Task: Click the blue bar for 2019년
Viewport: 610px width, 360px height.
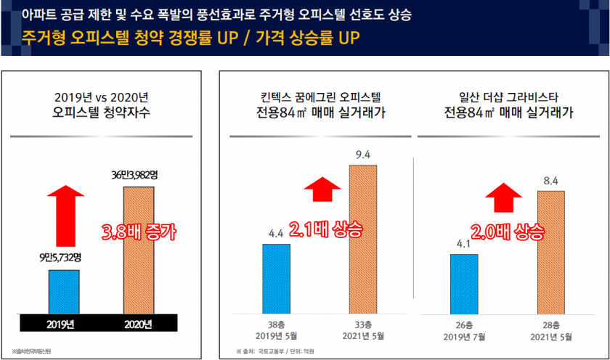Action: [63, 292]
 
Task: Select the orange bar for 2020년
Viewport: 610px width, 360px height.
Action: [139, 250]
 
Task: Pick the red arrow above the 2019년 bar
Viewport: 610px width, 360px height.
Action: [63, 215]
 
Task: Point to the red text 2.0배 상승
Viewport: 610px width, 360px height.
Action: [508, 232]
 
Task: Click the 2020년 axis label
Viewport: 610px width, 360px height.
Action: [139, 324]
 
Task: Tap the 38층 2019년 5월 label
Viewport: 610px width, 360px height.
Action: [276, 331]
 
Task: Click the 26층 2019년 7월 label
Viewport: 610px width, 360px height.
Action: [465, 331]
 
